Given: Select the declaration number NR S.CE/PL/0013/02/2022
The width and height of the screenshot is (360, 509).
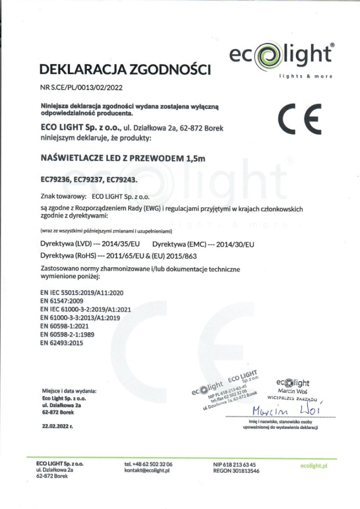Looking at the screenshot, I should coord(81,88).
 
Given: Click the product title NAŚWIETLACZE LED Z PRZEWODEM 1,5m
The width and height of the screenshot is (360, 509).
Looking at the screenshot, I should coord(123,159).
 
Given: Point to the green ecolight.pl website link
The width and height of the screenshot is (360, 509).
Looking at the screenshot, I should coord(314,466).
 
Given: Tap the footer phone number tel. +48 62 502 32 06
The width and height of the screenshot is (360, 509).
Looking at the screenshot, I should coord(148,465).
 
